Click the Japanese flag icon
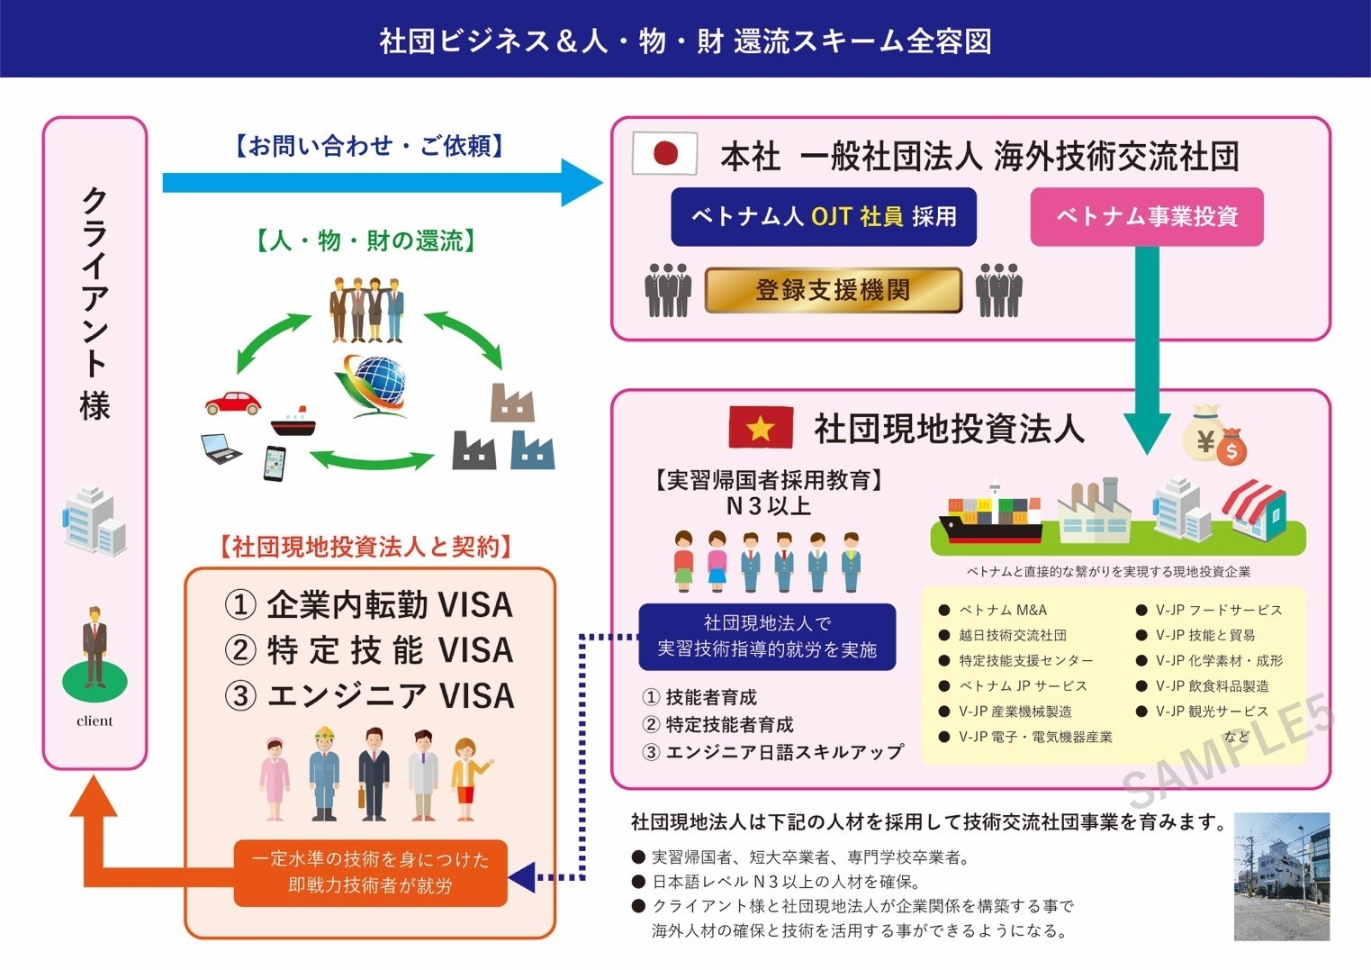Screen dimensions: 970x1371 click(x=665, y=153)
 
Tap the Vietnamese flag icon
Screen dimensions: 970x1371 click(x=761, y=427)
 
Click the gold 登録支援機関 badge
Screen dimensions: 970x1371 click(x=833, y=290)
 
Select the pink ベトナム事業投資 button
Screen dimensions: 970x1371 click(x=1147, y=217)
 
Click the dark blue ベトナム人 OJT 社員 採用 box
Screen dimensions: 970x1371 click(x=824, y=217)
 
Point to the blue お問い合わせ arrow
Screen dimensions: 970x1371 click(x=378, y=183)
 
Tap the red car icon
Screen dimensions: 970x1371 click(x=233, y=402)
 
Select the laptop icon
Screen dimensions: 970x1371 click(x=221, y=449)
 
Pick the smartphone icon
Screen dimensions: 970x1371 click(x=275, y=463)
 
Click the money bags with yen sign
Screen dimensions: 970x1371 click(x=1214, y=434)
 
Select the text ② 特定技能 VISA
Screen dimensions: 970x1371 click(x=369, y=650)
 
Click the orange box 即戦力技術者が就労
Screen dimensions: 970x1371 click(x=370, y=873)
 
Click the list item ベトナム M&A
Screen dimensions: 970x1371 click(x=1002, y=610)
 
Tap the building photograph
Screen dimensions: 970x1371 click(x=1281, y=876)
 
